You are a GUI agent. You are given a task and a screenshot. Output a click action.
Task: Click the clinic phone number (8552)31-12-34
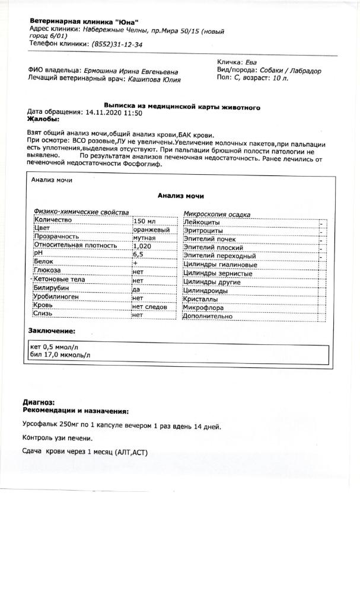click(x=117, y=44)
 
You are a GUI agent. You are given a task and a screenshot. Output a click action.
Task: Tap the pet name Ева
click(x=252, y=61)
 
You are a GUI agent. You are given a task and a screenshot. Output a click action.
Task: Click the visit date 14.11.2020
click(x=105, y=112)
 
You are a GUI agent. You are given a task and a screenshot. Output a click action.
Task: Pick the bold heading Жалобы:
click(x=44, y=119)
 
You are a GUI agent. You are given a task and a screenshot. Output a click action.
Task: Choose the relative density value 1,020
click(x=143, y=245)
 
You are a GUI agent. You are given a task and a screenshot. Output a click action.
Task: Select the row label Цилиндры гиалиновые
click(x=220, y=264)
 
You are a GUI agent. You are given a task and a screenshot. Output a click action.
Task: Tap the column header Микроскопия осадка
click(x=216, y=214)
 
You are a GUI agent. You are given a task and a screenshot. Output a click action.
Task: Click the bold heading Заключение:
click(x=52, y=330)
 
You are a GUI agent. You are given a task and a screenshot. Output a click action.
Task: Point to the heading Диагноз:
click(x=39, y=402)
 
